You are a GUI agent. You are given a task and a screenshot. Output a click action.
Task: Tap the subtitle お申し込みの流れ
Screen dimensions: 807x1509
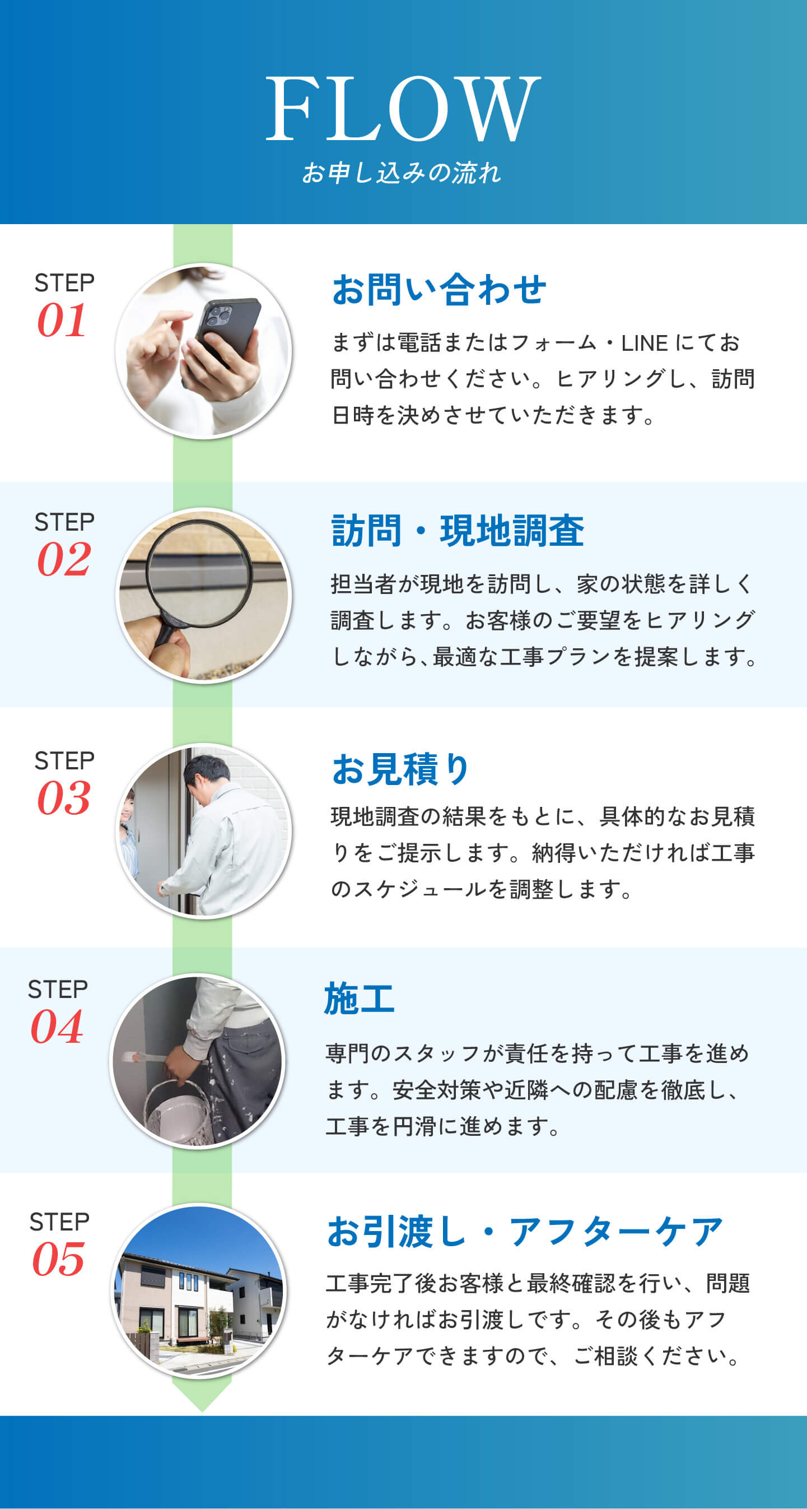click(x=402, y=173)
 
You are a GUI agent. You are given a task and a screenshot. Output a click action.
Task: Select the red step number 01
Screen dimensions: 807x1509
click(x=62, y=321)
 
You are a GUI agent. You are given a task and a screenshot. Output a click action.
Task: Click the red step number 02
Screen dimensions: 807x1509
click(x=64, y=559)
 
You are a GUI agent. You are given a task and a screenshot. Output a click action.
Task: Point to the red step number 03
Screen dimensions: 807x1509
click(x=64, y=798)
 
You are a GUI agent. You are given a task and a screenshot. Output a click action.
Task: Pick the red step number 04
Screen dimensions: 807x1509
click(x=57, y=1027)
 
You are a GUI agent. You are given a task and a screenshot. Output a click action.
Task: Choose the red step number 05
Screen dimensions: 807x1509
click(x=58, y=1260)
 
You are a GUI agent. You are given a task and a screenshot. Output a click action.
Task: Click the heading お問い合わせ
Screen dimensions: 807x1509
click(x=439, y=289)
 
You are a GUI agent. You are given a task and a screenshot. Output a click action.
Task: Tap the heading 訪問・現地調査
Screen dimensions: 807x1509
click(x=458, y=530)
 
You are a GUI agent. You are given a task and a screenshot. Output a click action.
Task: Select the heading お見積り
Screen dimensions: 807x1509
click(x=400, y=769)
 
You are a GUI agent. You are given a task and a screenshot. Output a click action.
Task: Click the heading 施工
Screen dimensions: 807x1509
click(x=359, y=998)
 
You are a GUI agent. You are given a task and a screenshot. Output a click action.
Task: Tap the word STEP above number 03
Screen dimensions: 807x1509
click(x=64, y=761)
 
